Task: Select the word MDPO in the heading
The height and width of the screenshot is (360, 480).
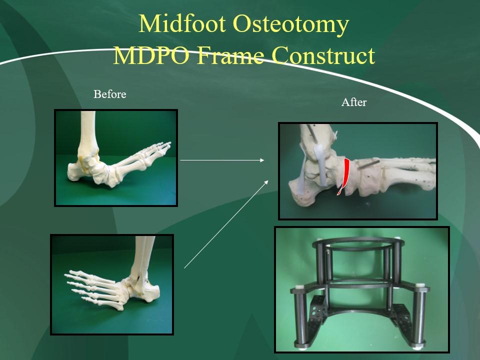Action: pyautogui.click(x=151, y=55)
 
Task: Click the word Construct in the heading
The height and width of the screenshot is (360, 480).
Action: pyautogui.click(x=323, y=55)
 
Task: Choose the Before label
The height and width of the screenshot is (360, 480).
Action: pyautogui.click(x=110, y=94)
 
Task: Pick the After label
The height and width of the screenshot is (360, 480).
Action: pyautogui.click(x=354, y=102)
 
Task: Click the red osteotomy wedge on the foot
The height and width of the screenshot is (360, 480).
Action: pyautogui.click(x=344, y=176)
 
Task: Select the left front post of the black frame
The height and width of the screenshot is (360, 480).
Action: pyautogui.click(x=300, y=316)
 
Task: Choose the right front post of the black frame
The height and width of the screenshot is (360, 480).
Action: pyautogui.click(x=419, y=315)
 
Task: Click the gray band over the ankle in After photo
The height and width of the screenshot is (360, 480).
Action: pyautogui.click(x=322, y=165)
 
